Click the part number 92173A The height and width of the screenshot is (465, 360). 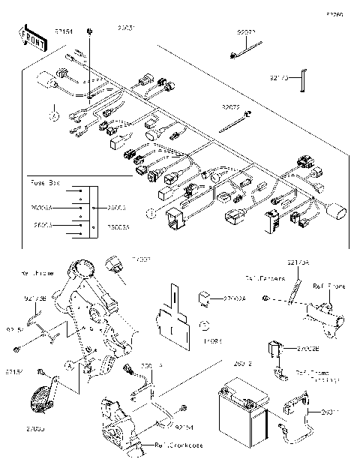(298, 262)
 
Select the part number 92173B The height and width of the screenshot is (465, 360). (34, 298)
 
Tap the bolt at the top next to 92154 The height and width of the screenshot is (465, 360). (89, 31)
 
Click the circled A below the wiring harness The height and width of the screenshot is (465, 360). (54, 116)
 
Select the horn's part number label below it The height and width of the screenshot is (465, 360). (34, 427)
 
